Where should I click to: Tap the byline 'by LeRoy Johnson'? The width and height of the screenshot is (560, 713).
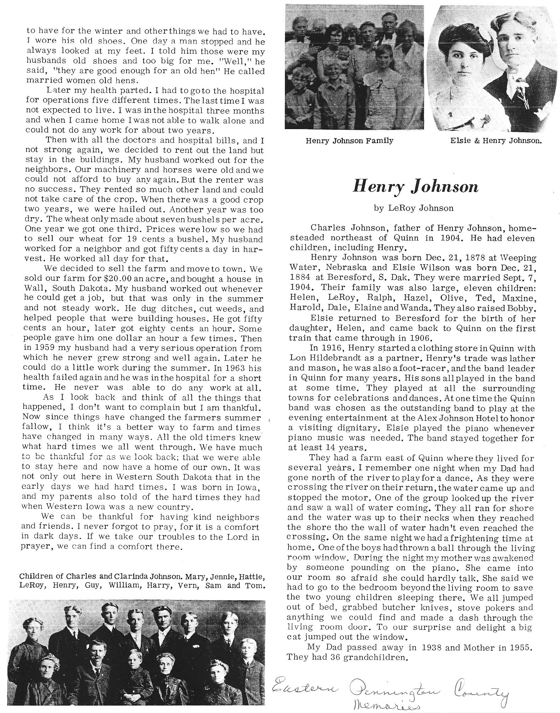point(413,208)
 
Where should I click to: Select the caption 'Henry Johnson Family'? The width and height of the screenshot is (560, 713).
point(349,141)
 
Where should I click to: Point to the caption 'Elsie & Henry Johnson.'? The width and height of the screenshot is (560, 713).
point(496,141)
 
